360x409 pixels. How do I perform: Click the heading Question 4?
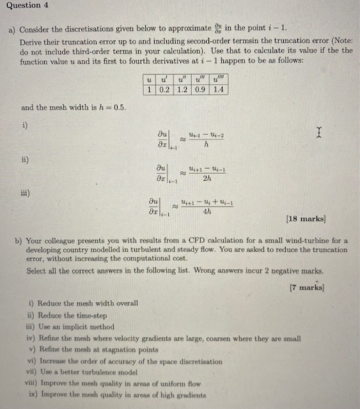pos(24,6)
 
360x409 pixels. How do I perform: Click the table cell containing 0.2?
pos(164,89)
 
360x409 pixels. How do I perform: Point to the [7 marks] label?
pos(308,288)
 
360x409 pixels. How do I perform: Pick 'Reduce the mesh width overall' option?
pos(83,304)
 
